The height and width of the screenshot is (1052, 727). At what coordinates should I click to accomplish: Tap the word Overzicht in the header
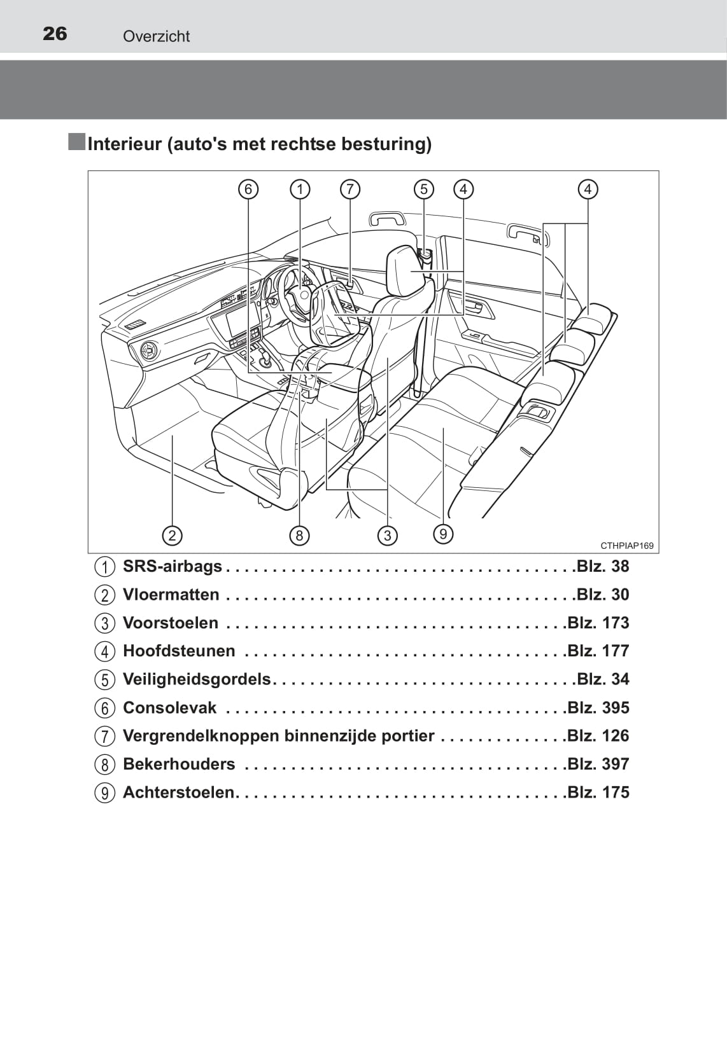tap(156, 36)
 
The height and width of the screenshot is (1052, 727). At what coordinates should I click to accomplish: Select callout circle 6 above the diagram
tap(248, 189)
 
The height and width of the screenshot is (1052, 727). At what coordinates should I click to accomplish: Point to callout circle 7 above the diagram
tap(349, 189)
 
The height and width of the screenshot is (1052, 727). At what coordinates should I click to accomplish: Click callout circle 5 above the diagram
tap(424, 189)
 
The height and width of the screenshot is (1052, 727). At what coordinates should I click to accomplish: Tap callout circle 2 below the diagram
tap(172, 536)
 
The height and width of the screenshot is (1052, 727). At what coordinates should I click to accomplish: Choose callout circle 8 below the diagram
tap(299, 536)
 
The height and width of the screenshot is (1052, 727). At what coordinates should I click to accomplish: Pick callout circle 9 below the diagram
tap(443, 534)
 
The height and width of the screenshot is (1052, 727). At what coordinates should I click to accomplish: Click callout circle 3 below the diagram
tap(387, 536)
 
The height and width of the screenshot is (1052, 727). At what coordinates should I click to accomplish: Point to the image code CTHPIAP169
tap(626, 546)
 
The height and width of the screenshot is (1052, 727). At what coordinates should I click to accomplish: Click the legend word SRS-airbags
tap(172, 566)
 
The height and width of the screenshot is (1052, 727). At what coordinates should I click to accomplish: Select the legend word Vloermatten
tap(171, 595)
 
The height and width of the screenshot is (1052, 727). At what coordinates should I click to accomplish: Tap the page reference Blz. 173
tap(598, 623)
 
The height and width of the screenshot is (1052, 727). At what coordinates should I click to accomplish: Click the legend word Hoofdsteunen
tap(179, 651)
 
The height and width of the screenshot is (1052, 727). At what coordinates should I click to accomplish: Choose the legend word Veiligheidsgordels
tap(197, 679)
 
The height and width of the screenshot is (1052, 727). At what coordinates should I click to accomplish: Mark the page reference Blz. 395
tap(598, 707)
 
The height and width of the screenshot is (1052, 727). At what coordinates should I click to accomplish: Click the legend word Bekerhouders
tap(179, 764)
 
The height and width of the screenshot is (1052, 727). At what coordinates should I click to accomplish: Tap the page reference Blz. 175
tap(598, 792)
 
